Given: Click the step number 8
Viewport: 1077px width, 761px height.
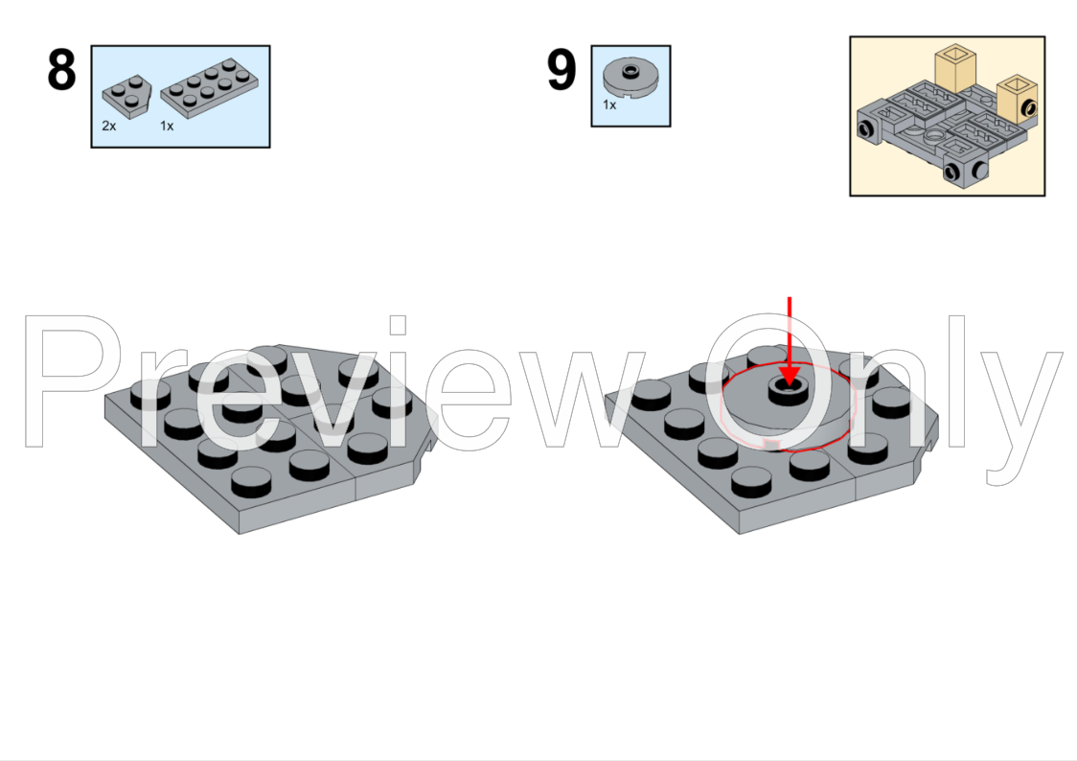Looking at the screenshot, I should (61, 71).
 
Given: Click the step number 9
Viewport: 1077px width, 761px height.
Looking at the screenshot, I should (561, 71).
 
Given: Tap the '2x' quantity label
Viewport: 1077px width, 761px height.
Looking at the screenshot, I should (109, 126).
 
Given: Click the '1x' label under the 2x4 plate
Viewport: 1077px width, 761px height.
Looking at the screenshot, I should (167, 126).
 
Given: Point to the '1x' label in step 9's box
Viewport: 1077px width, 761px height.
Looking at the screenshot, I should (609, 104).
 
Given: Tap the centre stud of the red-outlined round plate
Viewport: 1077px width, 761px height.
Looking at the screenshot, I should (787, 388).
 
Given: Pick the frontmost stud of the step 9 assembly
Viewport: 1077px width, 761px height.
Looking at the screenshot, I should (753, 479).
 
